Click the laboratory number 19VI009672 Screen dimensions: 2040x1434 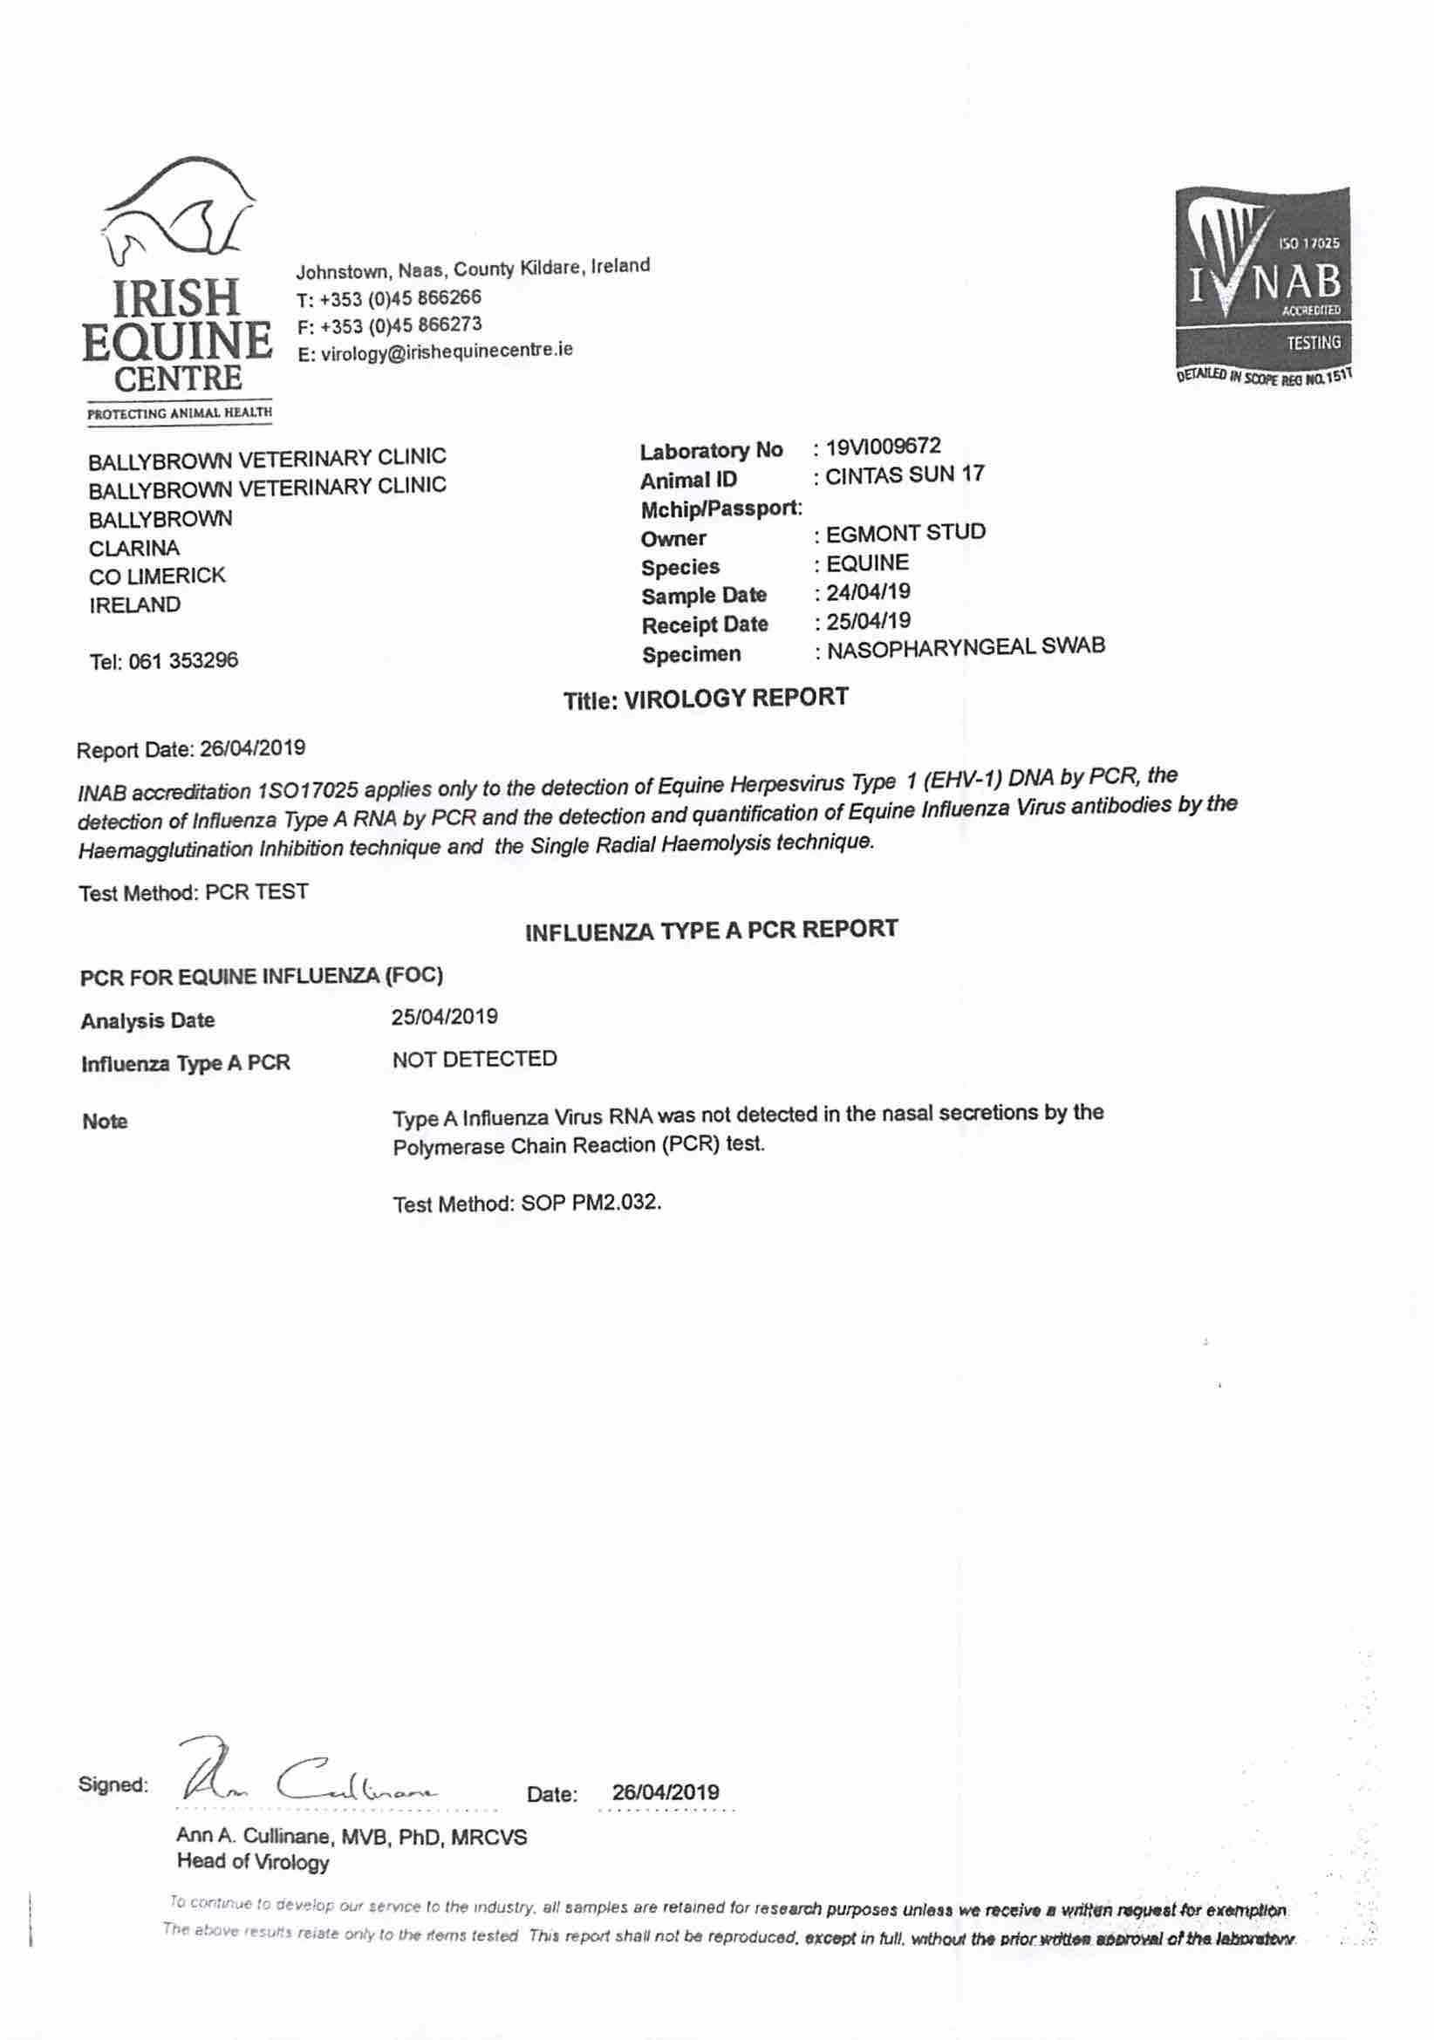882,446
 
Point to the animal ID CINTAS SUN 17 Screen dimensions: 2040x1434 904,475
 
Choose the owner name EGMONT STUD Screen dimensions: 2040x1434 905,533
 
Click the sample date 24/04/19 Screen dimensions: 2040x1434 867,591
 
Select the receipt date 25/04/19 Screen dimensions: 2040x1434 867,620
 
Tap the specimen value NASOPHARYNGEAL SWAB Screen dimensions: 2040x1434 965,648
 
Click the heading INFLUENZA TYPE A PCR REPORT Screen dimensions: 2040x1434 711,930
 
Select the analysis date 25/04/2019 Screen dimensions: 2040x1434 444,1016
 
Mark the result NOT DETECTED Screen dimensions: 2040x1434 475,1059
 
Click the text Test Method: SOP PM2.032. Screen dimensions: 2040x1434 527,1204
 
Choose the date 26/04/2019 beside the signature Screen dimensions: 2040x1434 666,1792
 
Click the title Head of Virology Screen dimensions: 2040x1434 253,1861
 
